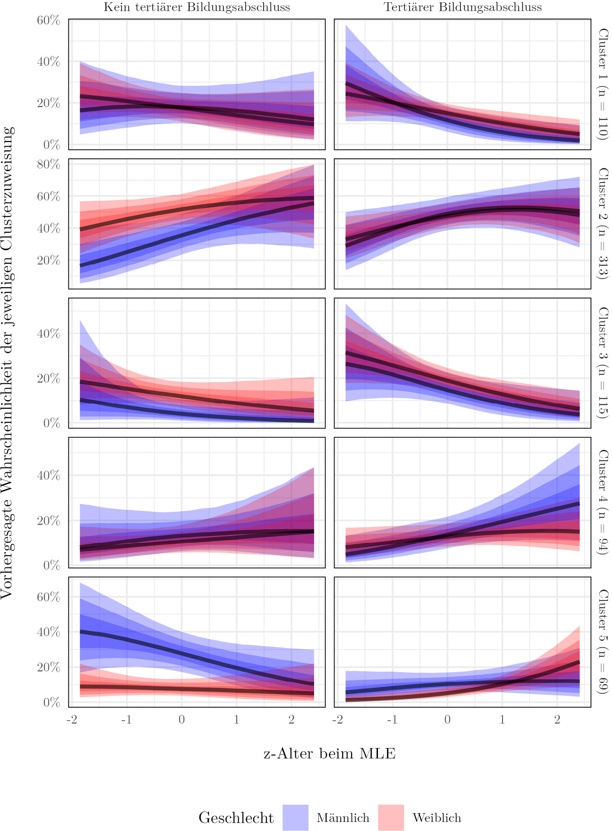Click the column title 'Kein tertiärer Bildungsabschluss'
pyautogui.click(x=196, y=7)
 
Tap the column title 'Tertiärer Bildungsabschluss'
pyautogui.click(x=462, y=7)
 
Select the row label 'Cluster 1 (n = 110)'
pyautogui.click(x=603, y=84)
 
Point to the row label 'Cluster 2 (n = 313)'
pyautogui.click(x=603, y=224)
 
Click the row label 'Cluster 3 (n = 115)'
pyautogui.click(x=603, y=363)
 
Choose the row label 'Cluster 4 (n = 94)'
pyautogui.click(x=603, y=502)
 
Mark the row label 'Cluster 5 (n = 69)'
pyautogui.click(x=603, y=642)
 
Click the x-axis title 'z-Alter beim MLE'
pyautogui.click(x=330, y=753)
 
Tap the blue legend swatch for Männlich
pyautogui.click(x=295, y=817)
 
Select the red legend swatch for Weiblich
pyautogui.click(x=391, y=817)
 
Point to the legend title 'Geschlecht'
pyautogui.click(x=236, y=818)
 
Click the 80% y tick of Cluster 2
pyautogui.click(x=48, y=164)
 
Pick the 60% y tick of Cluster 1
pyautogui.click(x=48, y=21)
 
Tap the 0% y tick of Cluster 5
pyautogui.click(x=51, y=702)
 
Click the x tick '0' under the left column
pyautogui.click(x=182, y=719)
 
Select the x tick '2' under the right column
pyautogui.click(x=557, y=719)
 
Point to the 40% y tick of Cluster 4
pyautogui.click(x=48, y=475)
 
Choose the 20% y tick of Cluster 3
pyautogui.click(x=48, y=379)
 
